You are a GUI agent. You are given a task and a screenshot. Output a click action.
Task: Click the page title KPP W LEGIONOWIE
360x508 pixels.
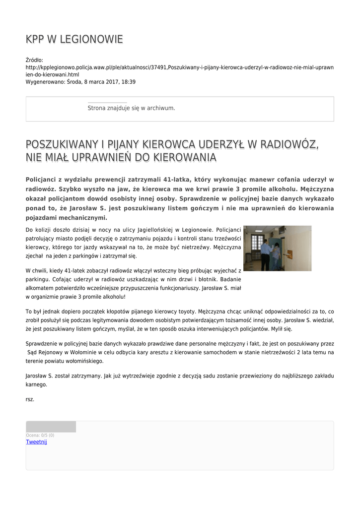74,40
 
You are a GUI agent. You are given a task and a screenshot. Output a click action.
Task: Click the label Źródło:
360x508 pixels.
34,60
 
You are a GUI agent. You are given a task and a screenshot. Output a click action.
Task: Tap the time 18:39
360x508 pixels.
128,82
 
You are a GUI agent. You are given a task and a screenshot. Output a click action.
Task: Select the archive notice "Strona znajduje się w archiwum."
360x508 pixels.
131,108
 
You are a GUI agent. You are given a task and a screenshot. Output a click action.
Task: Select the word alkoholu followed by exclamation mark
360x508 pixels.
111,297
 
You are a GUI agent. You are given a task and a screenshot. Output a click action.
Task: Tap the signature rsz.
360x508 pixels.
30,399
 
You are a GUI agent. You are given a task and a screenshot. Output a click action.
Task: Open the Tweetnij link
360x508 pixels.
36,442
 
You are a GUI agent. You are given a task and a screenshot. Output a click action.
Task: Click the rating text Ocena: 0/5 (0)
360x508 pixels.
40,435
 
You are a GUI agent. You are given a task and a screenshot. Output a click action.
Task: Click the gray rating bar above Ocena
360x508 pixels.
51,427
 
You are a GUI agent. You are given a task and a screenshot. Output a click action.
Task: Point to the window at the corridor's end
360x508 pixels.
257,244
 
